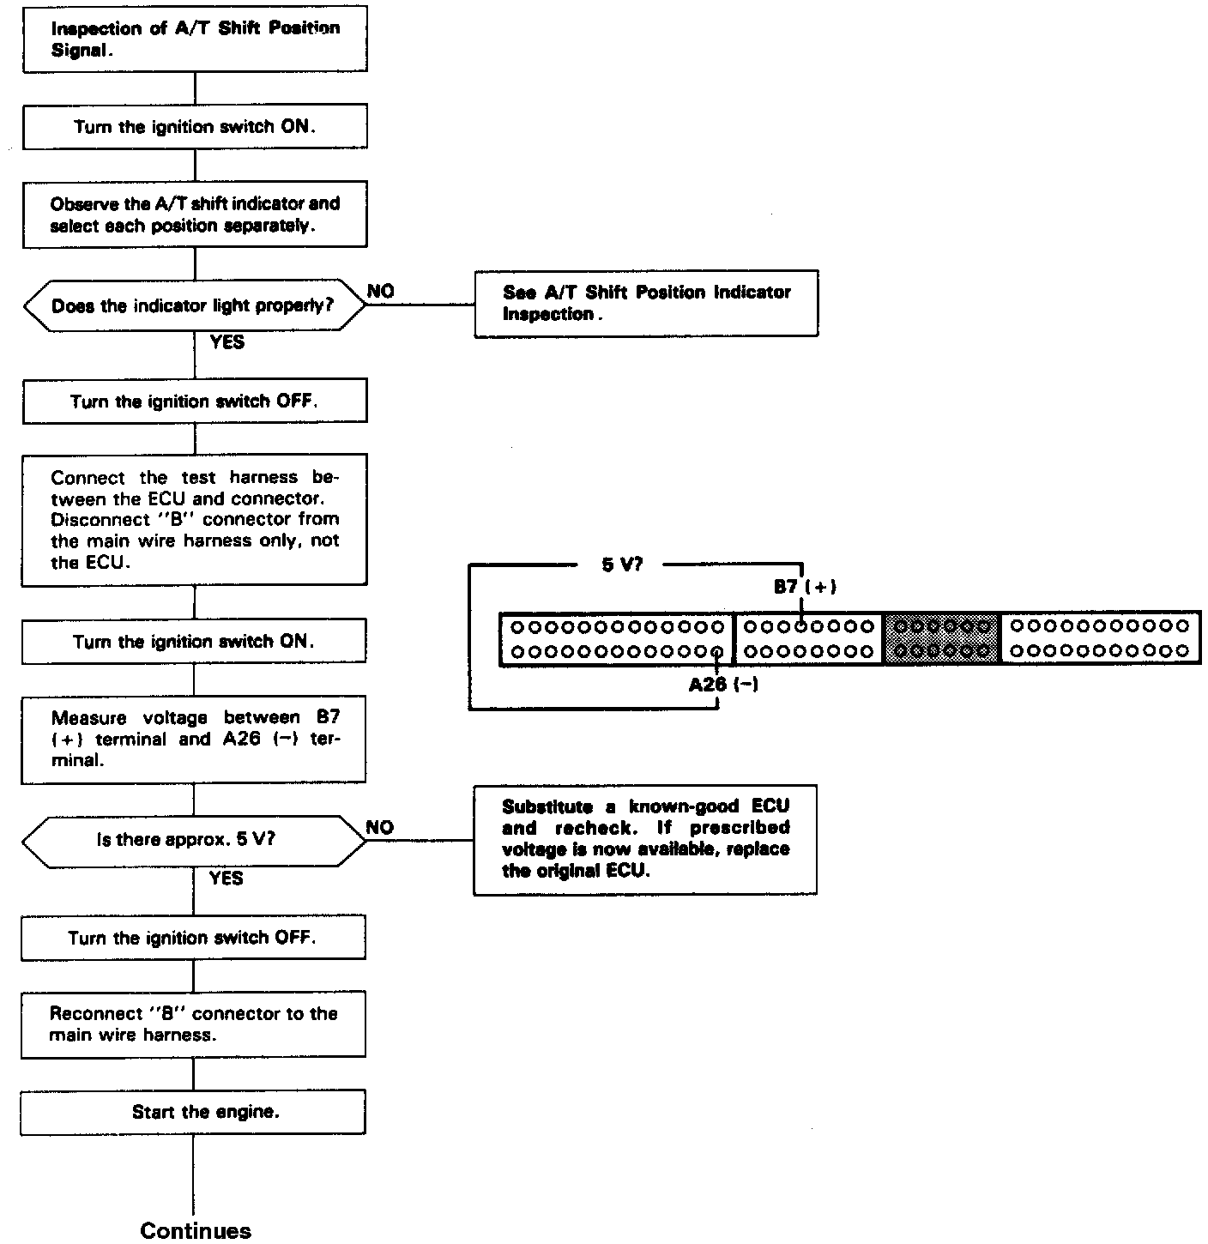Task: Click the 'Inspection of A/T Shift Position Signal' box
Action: [x=195, y=39]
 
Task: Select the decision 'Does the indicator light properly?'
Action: [x=194, y=305]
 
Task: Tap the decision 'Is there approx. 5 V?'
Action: [x=194, y=839]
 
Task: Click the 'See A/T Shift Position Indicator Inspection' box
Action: [x=646, y=304]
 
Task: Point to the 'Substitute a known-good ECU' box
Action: [x=645, y=839]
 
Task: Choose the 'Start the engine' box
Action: [x=194, y=1112]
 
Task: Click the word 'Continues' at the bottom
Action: [x=196, y=1230]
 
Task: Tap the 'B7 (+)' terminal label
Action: [x=805, y=587]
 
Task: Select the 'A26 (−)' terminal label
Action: [x=723, y=685]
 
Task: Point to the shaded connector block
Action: [x=942, y=639]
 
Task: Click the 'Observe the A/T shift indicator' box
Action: [x=195, y=214]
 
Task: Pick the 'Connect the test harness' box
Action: [x=195, y=520]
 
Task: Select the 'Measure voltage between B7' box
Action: [x=194, y=740]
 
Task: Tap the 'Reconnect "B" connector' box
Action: [x=194, y=1024]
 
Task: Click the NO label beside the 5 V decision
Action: [x=380, y=828]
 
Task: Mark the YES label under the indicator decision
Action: [x=226, y=342]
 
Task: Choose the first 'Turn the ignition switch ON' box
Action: [x=195, y=127]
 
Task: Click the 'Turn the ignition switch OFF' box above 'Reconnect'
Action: [x=194, y=938]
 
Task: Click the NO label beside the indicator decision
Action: [x=381, y=292]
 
